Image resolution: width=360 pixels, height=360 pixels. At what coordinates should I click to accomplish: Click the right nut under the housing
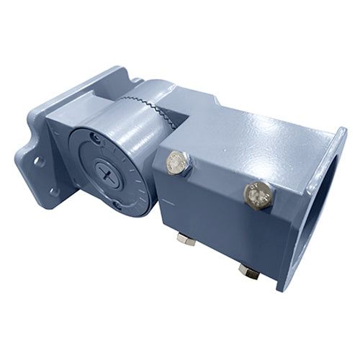pos(248,270)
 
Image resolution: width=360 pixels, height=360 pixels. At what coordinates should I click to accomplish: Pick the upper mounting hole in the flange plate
pos(37,160)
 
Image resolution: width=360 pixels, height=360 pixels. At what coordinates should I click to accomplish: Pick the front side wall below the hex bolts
pos(216,216)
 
